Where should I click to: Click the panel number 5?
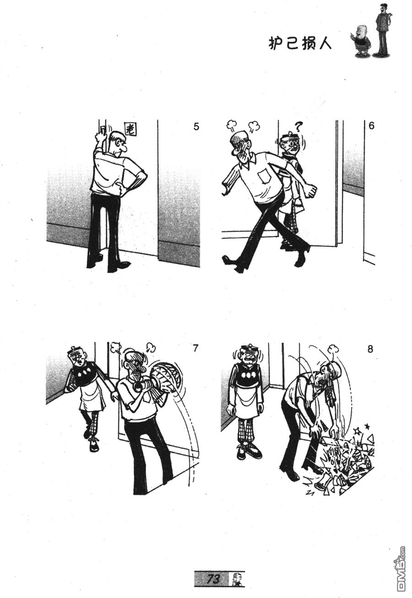(196, 126)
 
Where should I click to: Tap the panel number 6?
(371, 125)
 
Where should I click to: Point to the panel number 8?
(370, 349)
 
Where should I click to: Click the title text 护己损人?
(300, 43)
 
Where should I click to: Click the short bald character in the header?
(362, 41)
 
